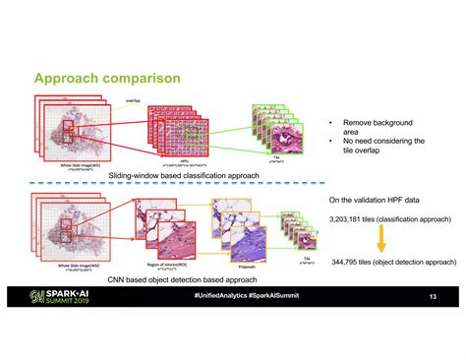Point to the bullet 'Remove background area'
(x=378, y=128)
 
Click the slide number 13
(x=432, y=295)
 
